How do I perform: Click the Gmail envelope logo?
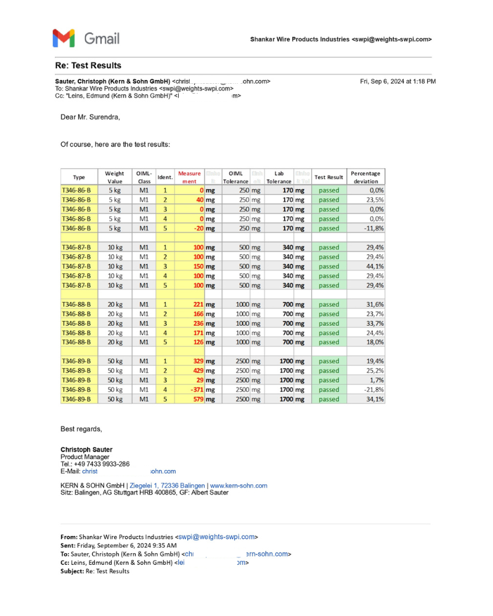point(63,38)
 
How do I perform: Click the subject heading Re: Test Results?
point(88,65)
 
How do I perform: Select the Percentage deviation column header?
point(366,177)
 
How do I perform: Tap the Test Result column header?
point(328,177)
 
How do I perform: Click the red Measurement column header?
point(189,177)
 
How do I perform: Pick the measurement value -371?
point(194,389)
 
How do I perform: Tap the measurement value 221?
point(197,304)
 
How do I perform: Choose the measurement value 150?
point(197,266)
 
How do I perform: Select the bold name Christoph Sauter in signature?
point(86,450)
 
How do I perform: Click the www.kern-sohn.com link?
point(239,485)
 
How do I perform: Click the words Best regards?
point(81,429)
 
